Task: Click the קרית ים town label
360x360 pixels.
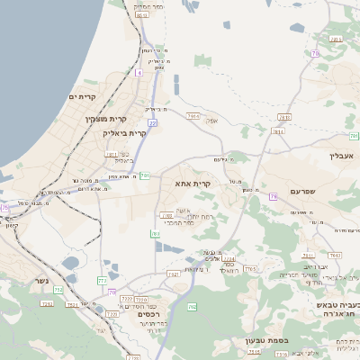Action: click(x=82, y=96)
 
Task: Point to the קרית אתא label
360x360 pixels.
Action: click(x=193, y=183)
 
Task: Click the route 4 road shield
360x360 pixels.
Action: click(x=139, y=74)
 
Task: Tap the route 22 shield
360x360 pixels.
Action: click(x=153, y=122)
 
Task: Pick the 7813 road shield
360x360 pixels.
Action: click(x=284, y=117)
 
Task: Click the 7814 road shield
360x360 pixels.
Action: click(x=278, y=131)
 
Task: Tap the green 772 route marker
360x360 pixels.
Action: click(x=101, y=282)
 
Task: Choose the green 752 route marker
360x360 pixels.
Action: click(x=59, y=290)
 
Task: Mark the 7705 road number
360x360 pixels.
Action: click(x=250, y=268)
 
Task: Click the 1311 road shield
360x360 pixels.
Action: click(x=112, y=154)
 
